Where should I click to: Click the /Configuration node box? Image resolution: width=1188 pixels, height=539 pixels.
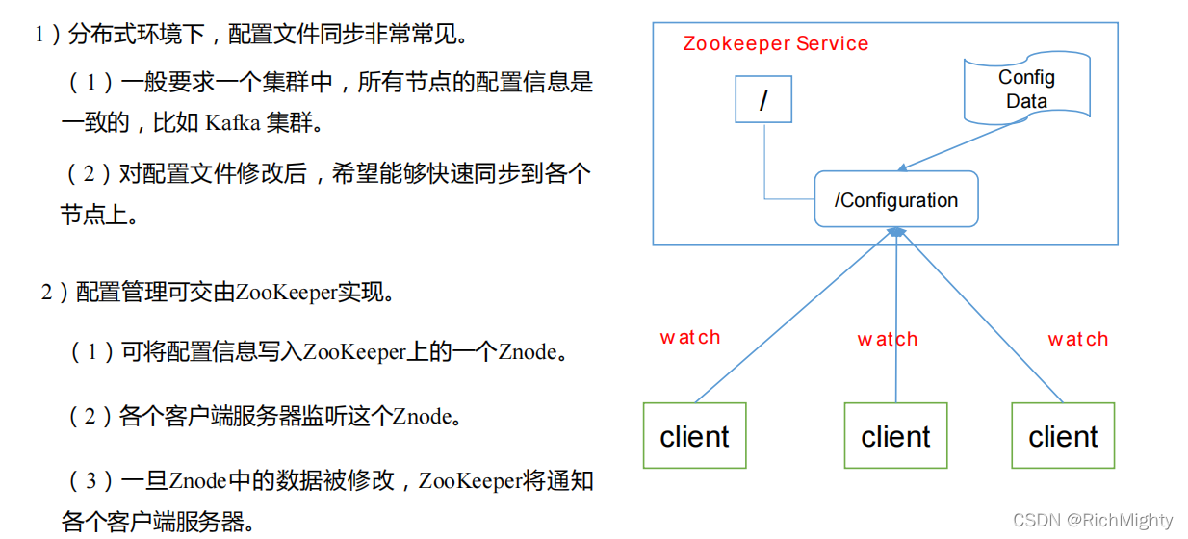click(896, 199)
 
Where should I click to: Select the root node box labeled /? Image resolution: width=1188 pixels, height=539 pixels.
click(763, 99)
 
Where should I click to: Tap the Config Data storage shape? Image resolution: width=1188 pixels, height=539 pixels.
click(1027, 90)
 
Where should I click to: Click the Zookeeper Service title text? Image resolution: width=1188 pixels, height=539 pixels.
click(775, 44)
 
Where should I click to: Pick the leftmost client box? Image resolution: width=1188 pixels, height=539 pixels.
click(694, 436)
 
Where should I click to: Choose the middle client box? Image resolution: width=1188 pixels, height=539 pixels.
click(895, 436)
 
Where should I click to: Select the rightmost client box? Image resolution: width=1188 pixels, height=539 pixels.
click(1063, 436)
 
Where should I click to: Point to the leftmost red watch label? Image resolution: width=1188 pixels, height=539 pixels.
click(689, 338)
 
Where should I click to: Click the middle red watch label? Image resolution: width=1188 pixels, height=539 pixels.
click(887, 340)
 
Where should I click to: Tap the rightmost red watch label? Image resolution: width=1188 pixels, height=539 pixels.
click(1077, 340)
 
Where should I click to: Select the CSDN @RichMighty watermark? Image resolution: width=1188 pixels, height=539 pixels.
click(1093, 521)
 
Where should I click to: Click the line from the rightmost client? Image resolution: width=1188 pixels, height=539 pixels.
click(982, 318)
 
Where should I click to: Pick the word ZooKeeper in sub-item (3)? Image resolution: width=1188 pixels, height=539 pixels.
click(471, 480)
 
